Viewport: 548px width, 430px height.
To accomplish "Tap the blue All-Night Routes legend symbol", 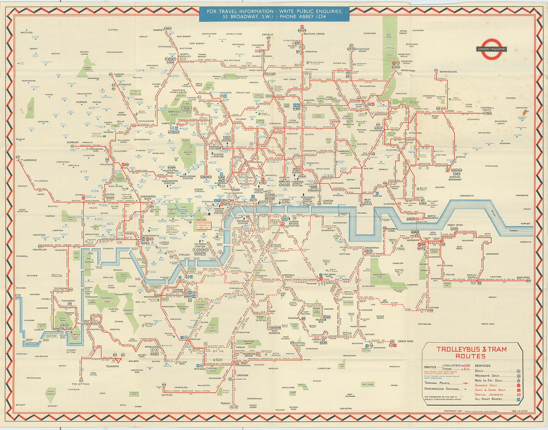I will pos(519,399).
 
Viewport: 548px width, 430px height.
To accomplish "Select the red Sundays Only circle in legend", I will pos(519,385).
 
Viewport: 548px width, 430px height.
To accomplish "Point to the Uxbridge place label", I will pos(30,160).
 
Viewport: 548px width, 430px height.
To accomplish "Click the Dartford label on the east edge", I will pos(523,278).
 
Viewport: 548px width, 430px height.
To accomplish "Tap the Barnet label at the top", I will pos(159,30).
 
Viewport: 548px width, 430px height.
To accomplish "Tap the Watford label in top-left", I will pos(26,33).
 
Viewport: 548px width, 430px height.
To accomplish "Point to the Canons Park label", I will pos(119,76).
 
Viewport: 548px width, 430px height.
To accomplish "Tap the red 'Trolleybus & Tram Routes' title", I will pos(472,353).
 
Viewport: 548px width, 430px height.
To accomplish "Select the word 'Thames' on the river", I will pos(514,231).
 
